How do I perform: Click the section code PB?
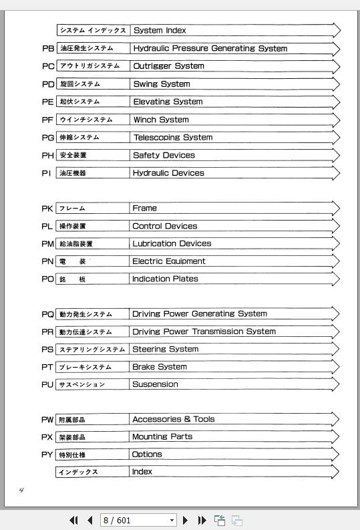pos(47,48)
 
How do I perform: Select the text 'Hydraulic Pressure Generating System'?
pos(210,48)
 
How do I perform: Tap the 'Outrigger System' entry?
pos(168,66)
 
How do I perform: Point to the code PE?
pos(47,102)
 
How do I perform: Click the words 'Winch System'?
pos(160,120)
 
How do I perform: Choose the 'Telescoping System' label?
pos(172,137)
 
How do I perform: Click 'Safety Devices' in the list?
pos(164,155)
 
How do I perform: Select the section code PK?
pos(47,209)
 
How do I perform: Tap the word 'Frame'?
pos(144,209)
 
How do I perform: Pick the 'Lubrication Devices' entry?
pos(171,244)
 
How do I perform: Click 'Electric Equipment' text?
pos(168,261)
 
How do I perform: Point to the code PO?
pos(47,279)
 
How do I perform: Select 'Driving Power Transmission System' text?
pos(204,332)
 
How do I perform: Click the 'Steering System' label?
pos(165,349)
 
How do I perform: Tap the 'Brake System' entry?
pos(159,367)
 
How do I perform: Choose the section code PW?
pos(47,420)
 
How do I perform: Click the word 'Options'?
pos(147,454)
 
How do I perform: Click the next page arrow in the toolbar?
pos(186,520)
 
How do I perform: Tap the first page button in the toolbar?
pos(73,520)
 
